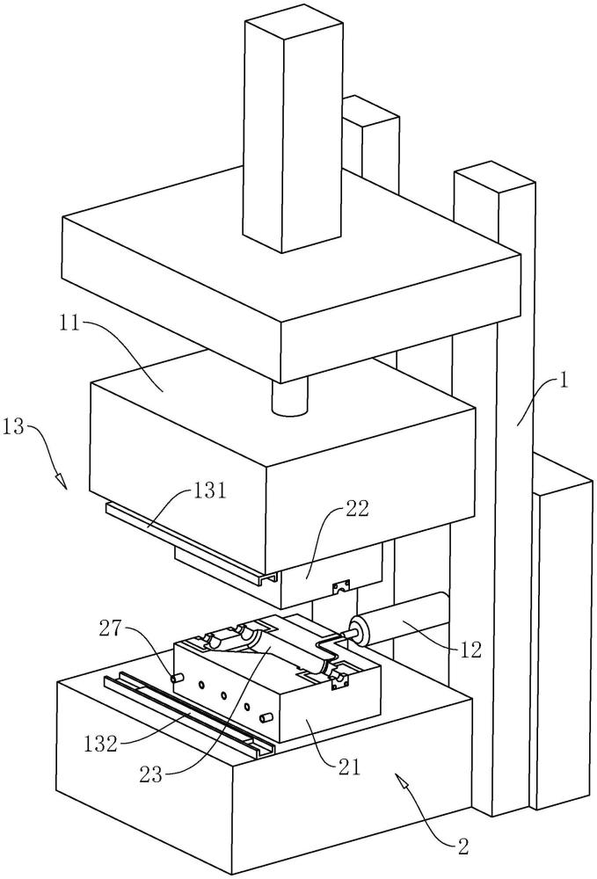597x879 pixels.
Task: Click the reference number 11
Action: (70, 323)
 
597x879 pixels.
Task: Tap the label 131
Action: (209, 491)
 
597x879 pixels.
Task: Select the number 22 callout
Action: (357, 509)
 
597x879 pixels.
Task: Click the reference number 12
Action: (470, 650)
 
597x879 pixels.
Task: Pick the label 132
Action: (101, 745)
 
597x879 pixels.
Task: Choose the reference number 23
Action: (151, 774)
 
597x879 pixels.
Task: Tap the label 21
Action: (349, 766)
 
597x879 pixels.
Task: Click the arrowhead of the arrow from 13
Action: (61, 481)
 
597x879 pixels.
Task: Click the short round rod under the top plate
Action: (290, 397)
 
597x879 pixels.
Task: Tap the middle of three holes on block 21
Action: (223, 695)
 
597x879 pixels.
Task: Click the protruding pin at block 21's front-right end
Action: (266, 717)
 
